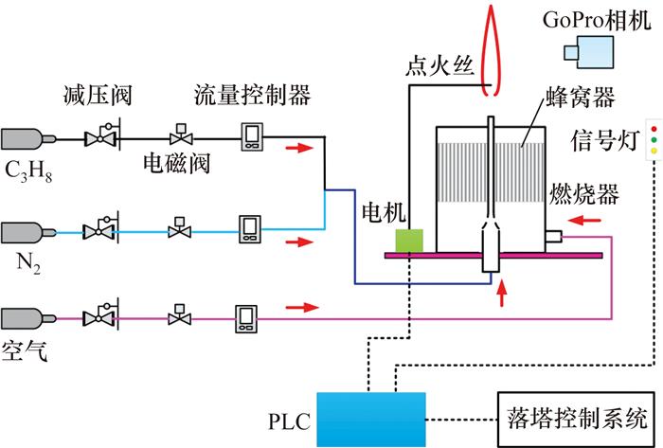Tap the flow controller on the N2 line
click(250, 229)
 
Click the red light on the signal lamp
click(653, 127)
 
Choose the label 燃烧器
click(584, 197)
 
